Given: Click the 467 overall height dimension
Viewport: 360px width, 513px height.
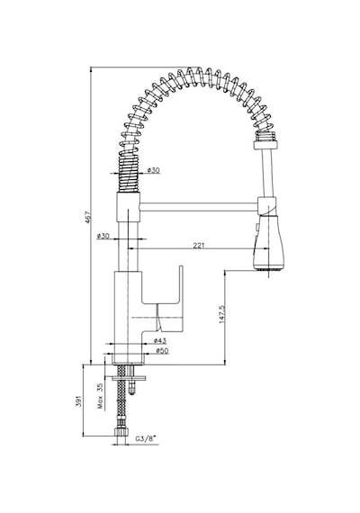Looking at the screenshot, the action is (87, 218).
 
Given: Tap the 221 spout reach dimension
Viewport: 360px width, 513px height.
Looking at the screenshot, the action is (198, 245).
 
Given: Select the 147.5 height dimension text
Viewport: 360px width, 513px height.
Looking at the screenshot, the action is (222, 314).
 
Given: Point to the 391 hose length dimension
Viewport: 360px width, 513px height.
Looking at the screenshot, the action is (78, 401).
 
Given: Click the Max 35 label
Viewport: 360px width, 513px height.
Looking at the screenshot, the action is (100, 396).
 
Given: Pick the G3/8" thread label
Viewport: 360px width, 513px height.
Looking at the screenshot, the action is (146, 438).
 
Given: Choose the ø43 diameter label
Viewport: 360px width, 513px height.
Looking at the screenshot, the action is (160, 340).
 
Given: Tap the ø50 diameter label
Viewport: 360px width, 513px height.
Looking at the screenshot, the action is (162, 351).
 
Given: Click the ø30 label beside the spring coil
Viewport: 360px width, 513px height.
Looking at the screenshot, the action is (153, 170).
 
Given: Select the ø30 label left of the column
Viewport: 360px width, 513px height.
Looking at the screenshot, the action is (103, 236).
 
